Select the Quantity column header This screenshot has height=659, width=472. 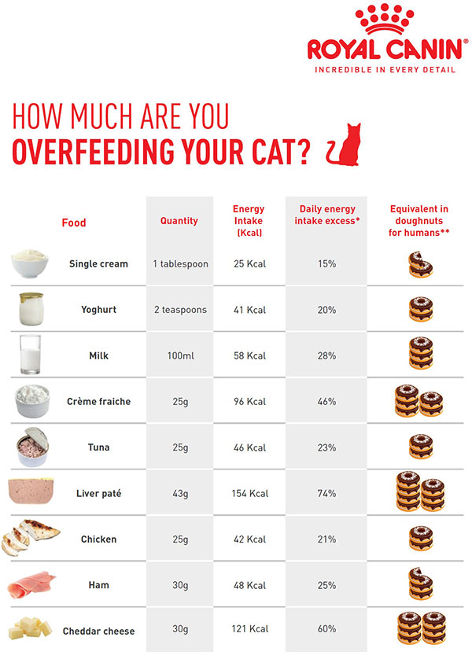[x=179, y=221]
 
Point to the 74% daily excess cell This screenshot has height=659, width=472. [x=327, y=493]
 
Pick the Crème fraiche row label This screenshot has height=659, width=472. [x=98, y=401]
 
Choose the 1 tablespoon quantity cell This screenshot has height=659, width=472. [x=180, y=263]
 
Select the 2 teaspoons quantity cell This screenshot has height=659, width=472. [x=180, y=309]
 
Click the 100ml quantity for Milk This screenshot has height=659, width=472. [x=179, y=355]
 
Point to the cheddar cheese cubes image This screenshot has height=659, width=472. [x=31, y=628]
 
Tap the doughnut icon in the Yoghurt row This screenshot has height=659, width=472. [x=420, y=309]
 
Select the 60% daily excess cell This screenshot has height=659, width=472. [x=327, y=629]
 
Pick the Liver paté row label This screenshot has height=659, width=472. [x=98, y=493]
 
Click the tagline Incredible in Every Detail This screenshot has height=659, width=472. [x=385, y=69]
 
